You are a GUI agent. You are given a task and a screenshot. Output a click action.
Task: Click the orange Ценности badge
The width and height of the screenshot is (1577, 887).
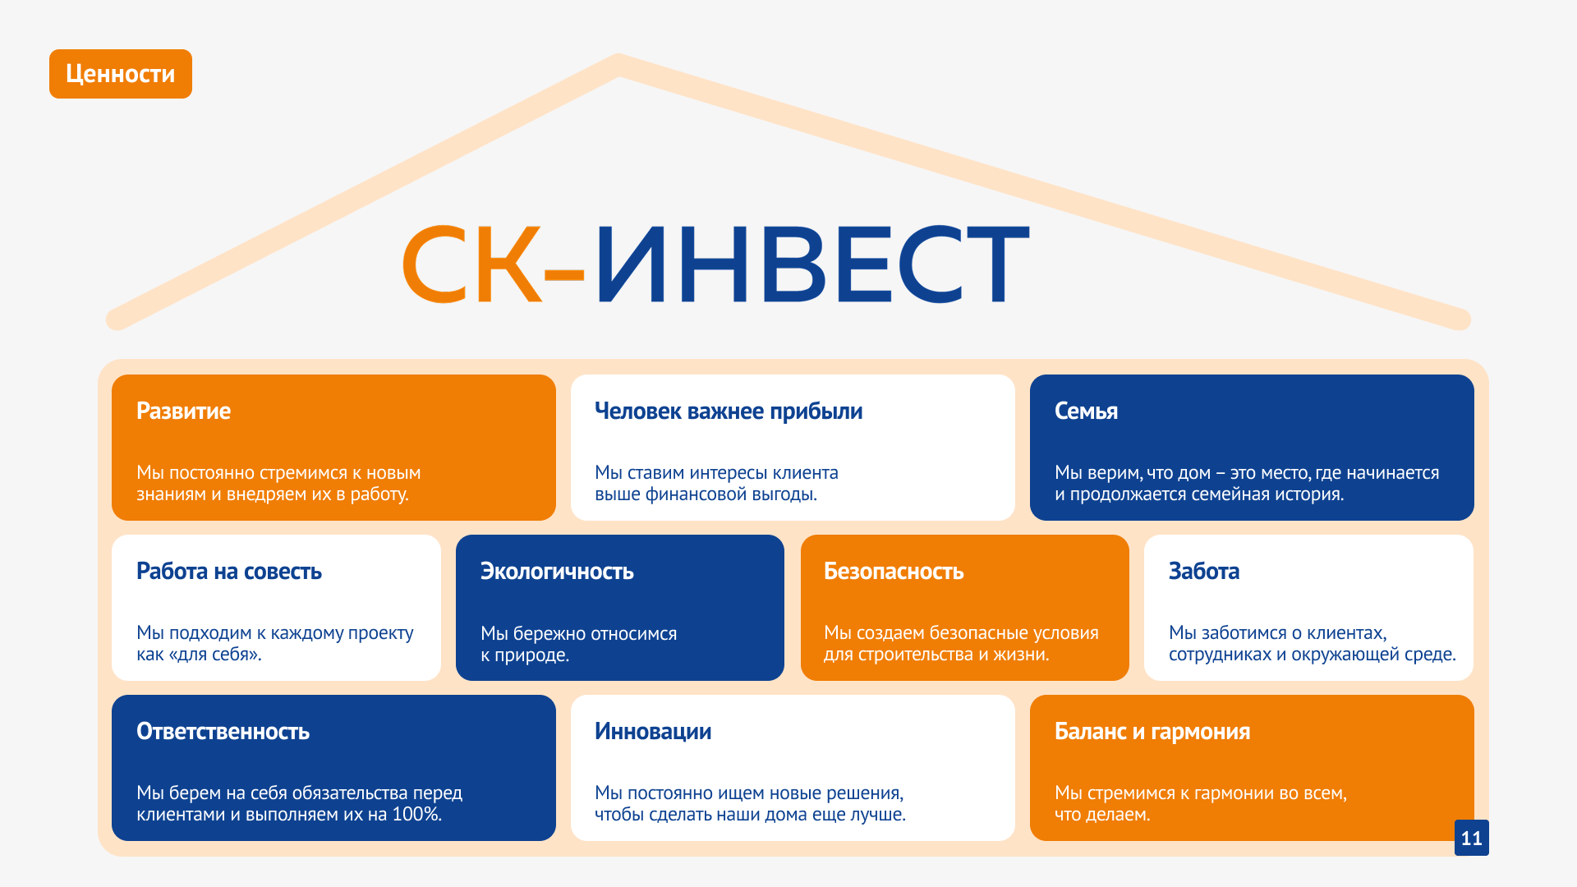point(121,74)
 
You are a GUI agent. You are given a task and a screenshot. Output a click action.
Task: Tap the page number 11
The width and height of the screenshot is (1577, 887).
point(1471,838)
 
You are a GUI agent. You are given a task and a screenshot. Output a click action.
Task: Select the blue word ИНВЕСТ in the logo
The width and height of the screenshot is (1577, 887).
point(812,264)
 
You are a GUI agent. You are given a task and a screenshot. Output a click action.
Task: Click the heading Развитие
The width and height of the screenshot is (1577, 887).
point(183,411)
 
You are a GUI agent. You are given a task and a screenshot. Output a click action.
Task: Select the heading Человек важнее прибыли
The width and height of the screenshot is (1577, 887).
point(729,411)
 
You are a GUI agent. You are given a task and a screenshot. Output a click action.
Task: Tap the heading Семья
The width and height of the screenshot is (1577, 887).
point(1086,411)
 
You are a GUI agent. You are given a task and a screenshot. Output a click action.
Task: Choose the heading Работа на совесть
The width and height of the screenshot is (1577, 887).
point(229,571)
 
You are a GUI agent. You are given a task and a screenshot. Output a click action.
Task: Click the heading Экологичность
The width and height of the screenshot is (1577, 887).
point(557,571)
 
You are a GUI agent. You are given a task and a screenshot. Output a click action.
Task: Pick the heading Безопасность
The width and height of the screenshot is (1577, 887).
point(894,571)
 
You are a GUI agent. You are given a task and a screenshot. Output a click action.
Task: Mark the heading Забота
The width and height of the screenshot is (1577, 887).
point(1204,571)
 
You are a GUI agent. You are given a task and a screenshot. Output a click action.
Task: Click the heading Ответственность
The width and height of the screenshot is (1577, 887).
point(223,731)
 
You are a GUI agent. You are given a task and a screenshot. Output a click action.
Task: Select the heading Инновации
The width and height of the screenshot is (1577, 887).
point(653,731)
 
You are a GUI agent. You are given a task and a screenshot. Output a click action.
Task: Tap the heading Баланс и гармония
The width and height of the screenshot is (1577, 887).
point(1152,731)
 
